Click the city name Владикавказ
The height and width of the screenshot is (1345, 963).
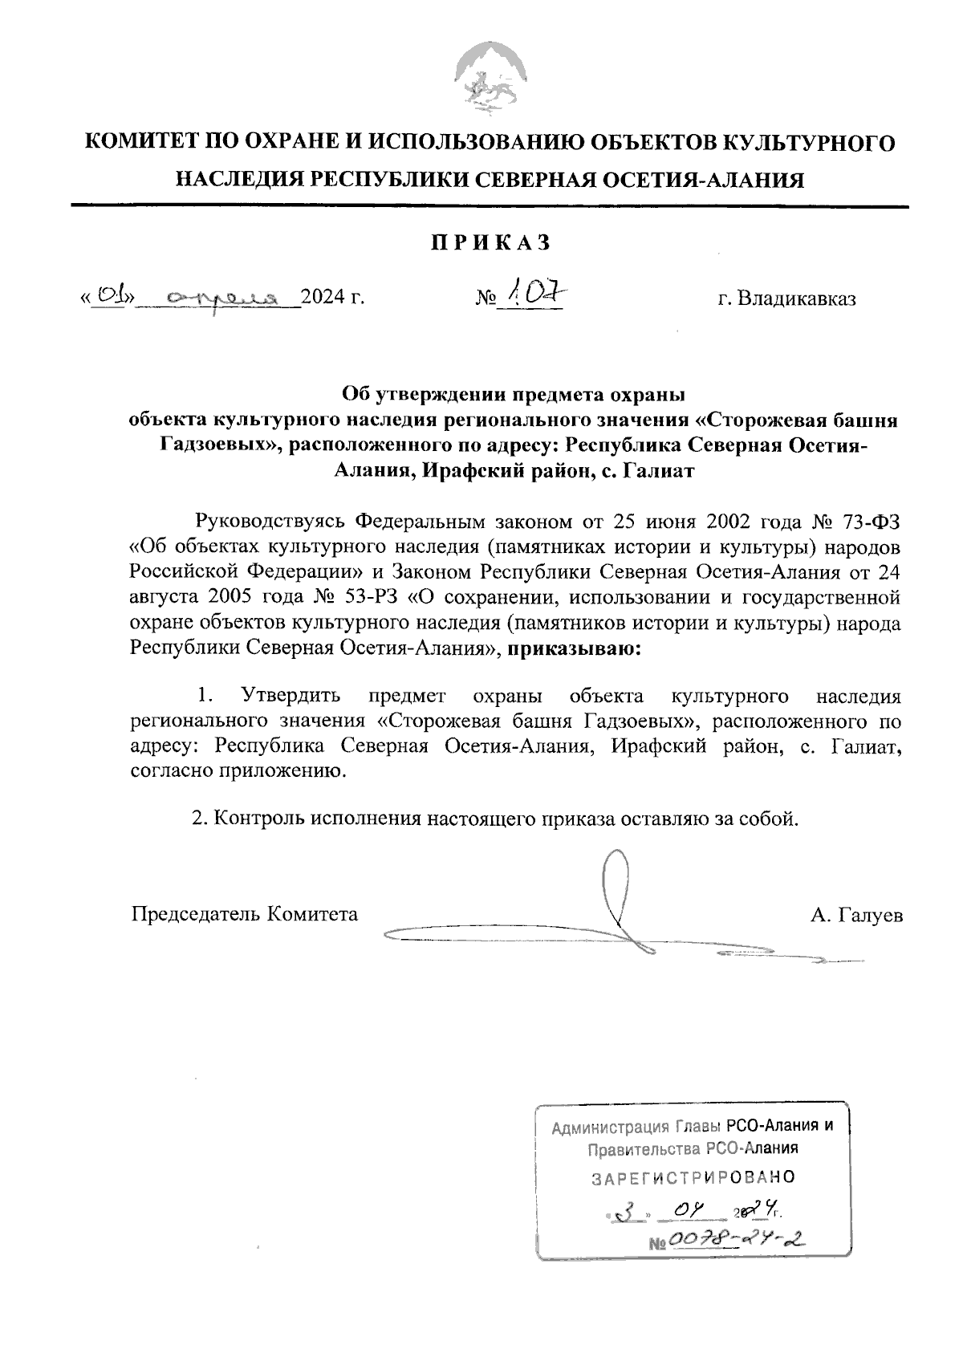click(786, 299)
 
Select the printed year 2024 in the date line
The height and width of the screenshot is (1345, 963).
click(326, 299)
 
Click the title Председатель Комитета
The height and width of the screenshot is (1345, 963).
click(245, 914)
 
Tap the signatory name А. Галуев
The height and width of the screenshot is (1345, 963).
click(856, 915)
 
